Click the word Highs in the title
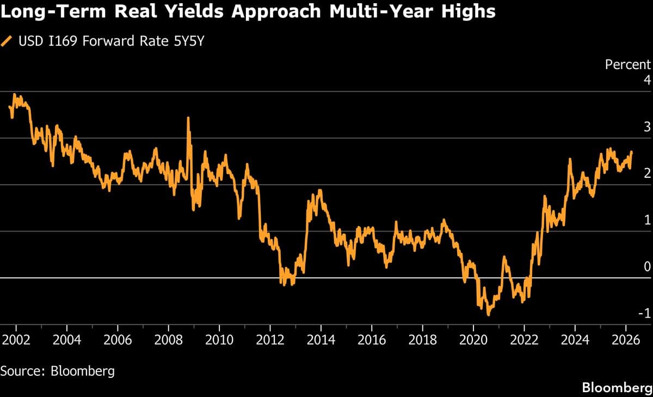[x=468, y=11]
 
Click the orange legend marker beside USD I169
[x=7, y=41]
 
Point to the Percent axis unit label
[x=627, y=65]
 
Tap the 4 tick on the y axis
[x=646, y=80]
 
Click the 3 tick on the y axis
[x=646, y=127]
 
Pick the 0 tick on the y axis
[x=646, y=266]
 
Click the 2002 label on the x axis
[x=15, y=341]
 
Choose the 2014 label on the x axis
[x=321, y=341]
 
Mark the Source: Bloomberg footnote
[x=58, y=371]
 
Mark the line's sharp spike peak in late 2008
[x=188, y=118]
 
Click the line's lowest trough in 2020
[x=488, y=314]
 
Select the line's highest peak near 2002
[x=14, y=95]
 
